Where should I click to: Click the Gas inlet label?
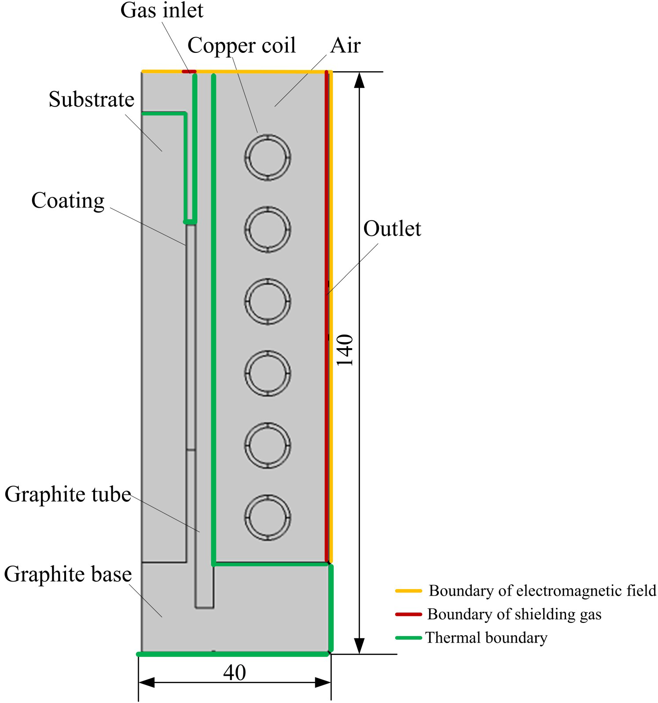[x=162, y=11]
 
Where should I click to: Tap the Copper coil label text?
[x=242, y=46]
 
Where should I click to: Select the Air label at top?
[x=346, y=45]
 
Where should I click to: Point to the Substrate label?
[x=92, y=99]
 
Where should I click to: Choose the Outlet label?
[x=392, y=229]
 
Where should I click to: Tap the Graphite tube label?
[x=68, y=495]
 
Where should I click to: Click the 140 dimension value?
[x=345, y=350]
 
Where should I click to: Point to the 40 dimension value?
[x=234, y=673]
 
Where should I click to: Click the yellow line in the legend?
[x=408, y=591]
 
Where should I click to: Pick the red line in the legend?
[x=408, y=614]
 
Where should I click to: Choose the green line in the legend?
[x=408, y=638]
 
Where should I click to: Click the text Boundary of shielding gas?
[x=514, y=615]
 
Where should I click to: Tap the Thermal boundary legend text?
[x=486, y=638]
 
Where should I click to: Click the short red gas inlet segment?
[x=189, y=71]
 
